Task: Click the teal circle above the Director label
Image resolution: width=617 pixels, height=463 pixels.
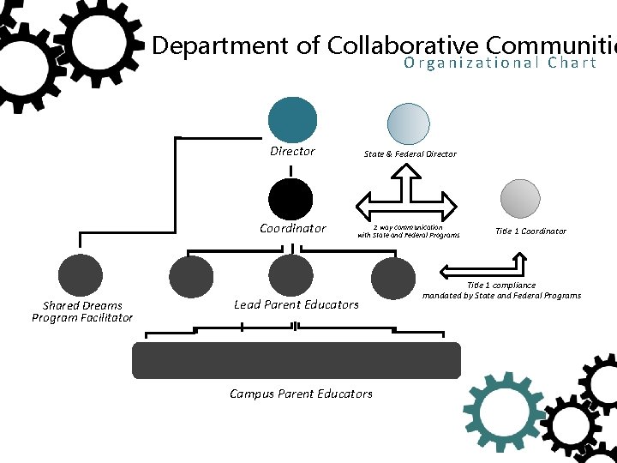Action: tap(292, 120)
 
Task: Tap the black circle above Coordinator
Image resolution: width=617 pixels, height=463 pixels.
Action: tap(291, 200)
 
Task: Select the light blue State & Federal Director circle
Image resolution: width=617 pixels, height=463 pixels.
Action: tap(409, 124)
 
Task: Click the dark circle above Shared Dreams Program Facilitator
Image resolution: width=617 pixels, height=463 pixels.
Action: tap(80, 276)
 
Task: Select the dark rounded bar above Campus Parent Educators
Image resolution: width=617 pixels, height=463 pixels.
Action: tap(296, 360)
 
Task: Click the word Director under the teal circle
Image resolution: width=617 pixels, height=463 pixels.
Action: tap(292, 152)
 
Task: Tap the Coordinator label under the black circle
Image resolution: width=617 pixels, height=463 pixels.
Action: tap(293, 229)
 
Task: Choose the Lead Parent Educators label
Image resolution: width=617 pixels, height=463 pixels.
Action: tap(297, 304)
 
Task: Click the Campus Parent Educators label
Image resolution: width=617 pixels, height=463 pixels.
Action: tap(301, 394)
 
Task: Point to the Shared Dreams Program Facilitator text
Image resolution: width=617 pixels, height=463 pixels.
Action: tap(82, 311)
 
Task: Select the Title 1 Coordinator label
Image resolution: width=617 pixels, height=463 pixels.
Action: tap(530, 231)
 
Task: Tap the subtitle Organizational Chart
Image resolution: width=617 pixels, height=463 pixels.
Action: tap(500, 63)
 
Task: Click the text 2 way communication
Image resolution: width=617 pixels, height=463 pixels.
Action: tap(408, 227)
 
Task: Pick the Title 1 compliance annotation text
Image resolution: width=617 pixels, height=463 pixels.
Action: tap(501, 290)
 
